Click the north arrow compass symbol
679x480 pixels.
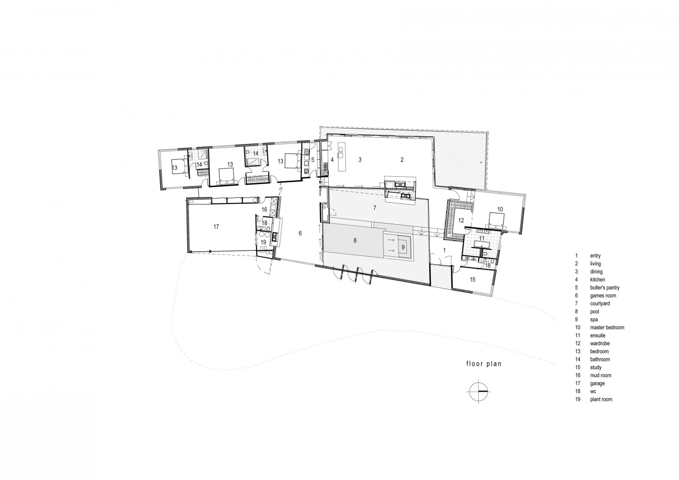pos(477,392)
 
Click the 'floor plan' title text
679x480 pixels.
pos(483,364)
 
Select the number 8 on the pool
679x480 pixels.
pos(355,240)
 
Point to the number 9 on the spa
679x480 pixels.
pos(403,248)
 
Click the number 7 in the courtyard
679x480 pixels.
pos(374,208)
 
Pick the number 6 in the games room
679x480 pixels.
pos(300,233)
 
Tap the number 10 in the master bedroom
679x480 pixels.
pos(500,209)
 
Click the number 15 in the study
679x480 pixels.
pos(472,279)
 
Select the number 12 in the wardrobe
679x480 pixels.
pos(460,221)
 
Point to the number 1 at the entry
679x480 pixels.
pos(444,250)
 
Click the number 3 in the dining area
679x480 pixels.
pos(360,160)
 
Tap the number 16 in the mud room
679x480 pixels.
pos(264,209)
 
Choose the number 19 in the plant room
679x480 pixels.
pos(263,242)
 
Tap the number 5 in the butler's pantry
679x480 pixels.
pos(313,160)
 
